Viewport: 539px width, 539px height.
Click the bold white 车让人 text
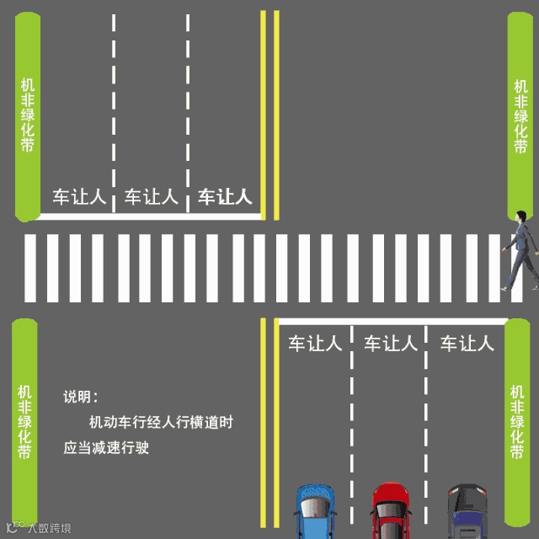click(225, 197)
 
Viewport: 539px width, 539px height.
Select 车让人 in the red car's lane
click(390, 344)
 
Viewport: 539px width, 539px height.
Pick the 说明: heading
click(81, 397)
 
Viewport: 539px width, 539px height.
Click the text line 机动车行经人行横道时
click(161, 423)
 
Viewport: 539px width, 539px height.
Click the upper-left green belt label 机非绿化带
click(28, 115)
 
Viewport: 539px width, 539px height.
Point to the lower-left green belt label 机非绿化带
click(24, 422)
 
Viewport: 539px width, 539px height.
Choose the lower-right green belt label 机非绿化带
click(517, 422)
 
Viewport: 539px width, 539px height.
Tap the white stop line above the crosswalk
click(147, 216)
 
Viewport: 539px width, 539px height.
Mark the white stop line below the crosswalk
click(392, 320)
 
